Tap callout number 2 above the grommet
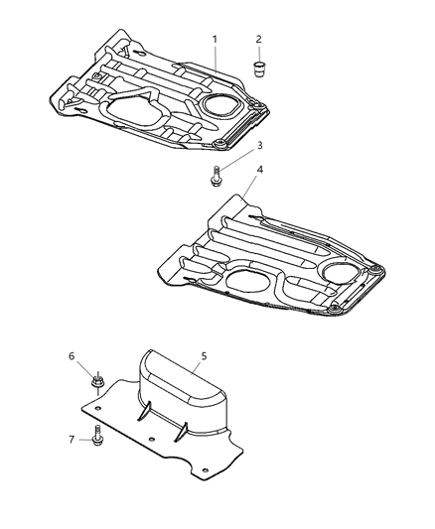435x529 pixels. click(258, 39)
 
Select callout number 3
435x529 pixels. click(259, 146)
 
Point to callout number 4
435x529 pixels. click(260, 170)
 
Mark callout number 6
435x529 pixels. click(71, 355)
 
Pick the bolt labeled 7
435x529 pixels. click(99, 434)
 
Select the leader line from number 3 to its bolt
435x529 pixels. click(238, 161)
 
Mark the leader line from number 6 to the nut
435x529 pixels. click(84, 366)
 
